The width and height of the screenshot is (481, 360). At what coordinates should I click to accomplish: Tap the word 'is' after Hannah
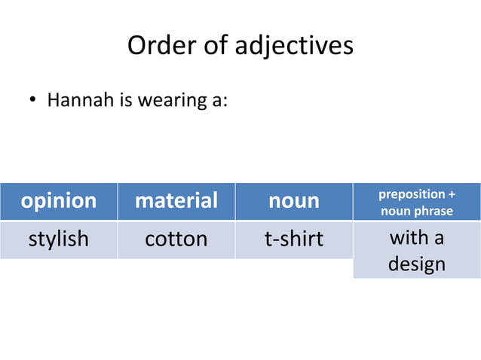pos(123,100)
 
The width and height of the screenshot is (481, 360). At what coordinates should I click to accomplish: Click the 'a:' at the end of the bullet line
pos(215,101)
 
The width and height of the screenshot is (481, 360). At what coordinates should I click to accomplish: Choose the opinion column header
pos(58,201)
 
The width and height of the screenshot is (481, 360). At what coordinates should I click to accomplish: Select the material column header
pos(176,201)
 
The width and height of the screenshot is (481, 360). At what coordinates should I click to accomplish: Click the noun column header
pos(293,201)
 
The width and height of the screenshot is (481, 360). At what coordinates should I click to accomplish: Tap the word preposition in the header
pos(411,194)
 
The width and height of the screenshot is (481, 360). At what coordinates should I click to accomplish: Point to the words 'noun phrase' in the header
pos(417,210)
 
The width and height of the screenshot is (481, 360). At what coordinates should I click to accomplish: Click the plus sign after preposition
pos(452,194)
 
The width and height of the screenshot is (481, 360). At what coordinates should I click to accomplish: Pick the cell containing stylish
pos(58,239)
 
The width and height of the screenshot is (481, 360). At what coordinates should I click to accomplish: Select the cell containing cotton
pos(176,239)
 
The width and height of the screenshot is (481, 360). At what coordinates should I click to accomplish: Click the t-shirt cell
pos(293,239)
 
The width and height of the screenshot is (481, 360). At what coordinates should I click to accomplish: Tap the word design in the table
pos(416,264)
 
